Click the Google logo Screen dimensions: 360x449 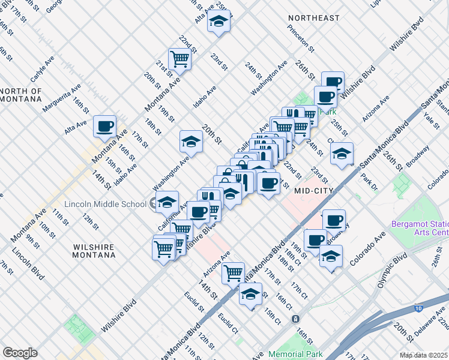(20, 352)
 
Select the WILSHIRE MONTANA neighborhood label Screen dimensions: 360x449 (94, 251)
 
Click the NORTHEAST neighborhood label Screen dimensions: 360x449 (313, 18)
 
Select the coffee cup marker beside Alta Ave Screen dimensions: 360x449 (106, 127)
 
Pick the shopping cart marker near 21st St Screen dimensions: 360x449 (179, 59)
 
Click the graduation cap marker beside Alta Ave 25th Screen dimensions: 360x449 (218, 23)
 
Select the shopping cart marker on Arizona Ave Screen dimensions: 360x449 (233, 272)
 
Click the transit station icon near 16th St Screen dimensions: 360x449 (296, 319)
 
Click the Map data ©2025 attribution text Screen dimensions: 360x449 (424, 355)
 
